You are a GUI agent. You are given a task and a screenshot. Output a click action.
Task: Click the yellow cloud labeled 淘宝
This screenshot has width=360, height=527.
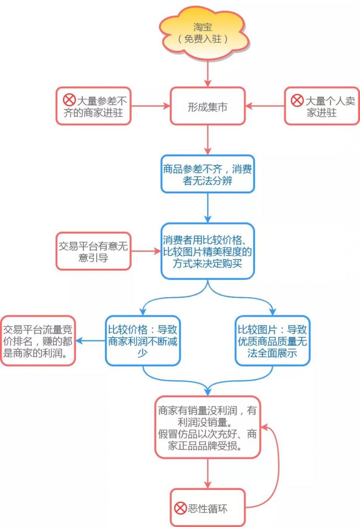point(204,33)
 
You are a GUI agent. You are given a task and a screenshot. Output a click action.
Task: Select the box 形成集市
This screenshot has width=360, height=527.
point(208,106)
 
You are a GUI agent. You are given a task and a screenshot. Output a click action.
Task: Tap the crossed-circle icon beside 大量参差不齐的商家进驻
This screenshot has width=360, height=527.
point(69,100)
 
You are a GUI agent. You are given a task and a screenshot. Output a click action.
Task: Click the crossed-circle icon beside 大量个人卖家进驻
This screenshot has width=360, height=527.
point(297,100)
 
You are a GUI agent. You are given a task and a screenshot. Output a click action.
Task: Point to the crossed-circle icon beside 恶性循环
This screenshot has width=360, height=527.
point(180,508)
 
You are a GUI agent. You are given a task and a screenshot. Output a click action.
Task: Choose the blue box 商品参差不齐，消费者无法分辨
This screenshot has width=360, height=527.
point(208,174)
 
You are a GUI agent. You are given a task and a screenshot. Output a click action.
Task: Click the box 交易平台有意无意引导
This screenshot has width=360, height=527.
point(94,251)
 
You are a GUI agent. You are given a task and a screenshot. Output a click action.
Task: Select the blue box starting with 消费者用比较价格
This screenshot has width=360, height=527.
point(208,251)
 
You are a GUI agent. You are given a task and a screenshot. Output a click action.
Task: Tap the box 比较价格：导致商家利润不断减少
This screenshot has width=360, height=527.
point(143,340)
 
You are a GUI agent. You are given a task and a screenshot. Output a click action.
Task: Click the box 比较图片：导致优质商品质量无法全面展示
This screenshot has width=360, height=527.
point(272,340)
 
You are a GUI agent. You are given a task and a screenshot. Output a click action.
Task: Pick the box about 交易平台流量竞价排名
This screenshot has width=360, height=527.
point(38,340)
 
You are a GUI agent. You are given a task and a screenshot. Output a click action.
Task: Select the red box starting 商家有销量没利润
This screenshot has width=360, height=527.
point(208,427)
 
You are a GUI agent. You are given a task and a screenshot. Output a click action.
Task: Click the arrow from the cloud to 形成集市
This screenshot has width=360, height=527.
point(208,73)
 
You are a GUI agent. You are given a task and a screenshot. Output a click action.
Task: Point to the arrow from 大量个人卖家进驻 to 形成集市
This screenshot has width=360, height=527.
point(265,106)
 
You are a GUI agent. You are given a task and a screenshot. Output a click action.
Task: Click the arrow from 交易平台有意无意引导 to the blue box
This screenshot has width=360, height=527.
point(146,251)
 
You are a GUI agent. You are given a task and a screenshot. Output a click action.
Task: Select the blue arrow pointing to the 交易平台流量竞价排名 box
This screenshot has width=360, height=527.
point(90,340)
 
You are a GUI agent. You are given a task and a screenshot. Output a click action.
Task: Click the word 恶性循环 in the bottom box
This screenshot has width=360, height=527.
point(208,508)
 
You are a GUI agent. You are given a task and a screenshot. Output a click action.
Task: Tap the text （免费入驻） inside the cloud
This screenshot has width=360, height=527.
point(203,39)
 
